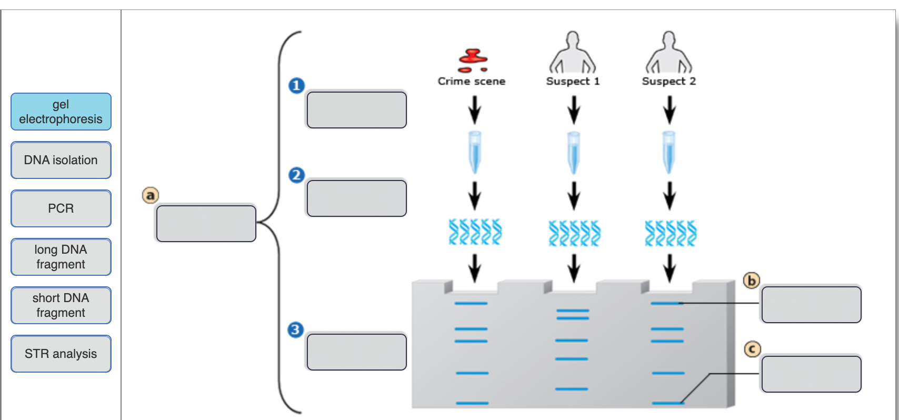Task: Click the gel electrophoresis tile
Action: point(61,112)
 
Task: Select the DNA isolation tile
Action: point(61,160)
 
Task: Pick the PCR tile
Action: point(61,208)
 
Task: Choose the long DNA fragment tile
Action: point(61,257)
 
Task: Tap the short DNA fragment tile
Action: point(61,305)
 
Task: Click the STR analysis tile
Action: point(61,354)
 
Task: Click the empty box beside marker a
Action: point(206,224)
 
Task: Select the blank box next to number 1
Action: point(356,110)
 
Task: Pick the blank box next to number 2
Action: point(356,198)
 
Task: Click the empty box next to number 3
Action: point(356,352)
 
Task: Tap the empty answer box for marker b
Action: point(811,304)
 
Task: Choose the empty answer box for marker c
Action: point(811,374)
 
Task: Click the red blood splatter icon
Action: point(473,60)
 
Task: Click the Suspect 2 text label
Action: point(668,81)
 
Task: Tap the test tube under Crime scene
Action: point(475,152)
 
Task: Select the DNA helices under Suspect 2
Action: point(671,233)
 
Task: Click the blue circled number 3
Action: point(296,330)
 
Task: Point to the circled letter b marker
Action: point(752,281)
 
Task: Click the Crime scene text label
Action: point(472,81)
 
